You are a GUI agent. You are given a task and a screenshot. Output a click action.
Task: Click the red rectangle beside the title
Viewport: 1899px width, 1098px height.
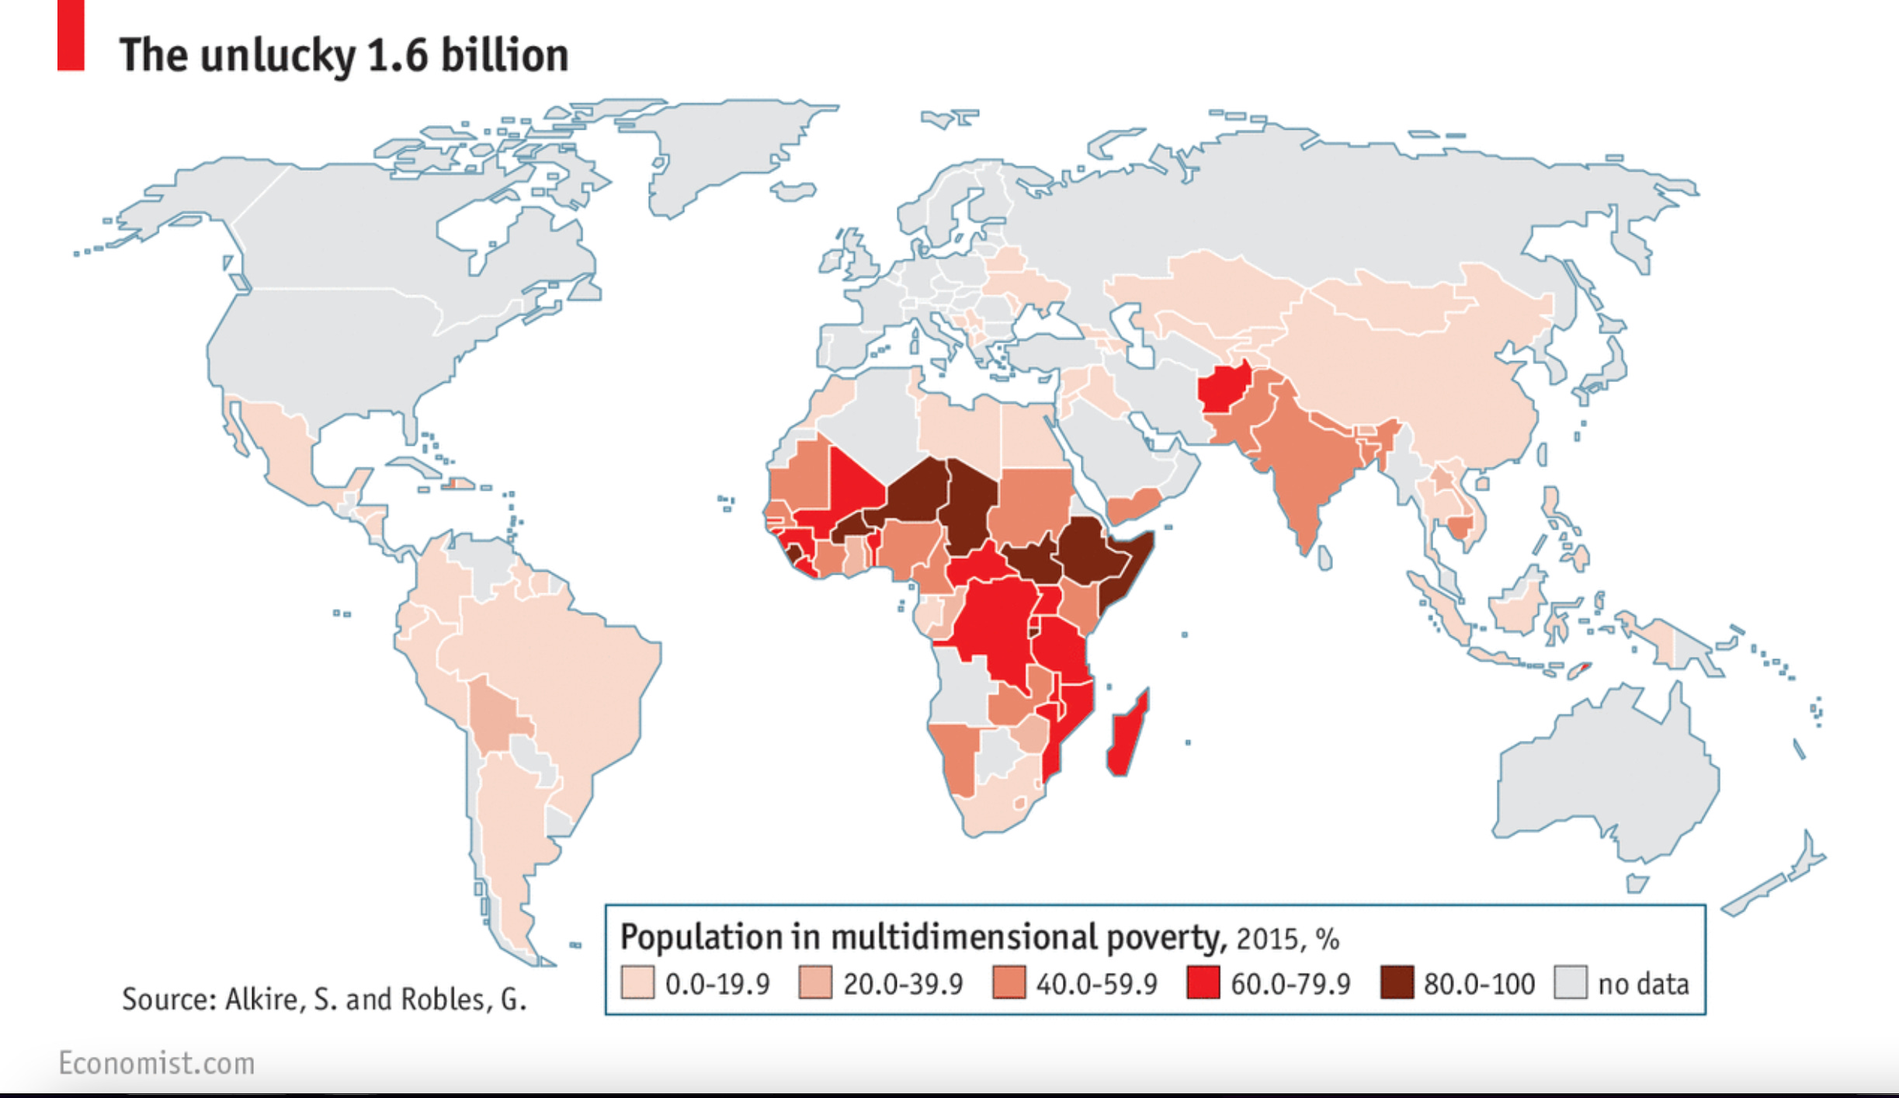click(x=71, y=35)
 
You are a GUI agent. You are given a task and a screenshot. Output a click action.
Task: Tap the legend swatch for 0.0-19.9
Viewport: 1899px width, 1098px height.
click(x=637, y=982)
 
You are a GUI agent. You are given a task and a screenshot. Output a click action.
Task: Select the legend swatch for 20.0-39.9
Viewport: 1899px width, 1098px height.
click(x=815, y=982)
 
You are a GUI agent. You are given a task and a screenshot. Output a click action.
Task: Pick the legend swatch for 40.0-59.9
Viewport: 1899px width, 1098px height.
click(x=1009, y=982)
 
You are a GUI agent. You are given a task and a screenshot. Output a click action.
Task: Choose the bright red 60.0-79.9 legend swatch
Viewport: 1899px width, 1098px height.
click(x=1203, y=982)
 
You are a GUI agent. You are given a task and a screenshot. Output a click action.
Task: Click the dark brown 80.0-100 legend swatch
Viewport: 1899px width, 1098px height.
click(x=1396, y=982)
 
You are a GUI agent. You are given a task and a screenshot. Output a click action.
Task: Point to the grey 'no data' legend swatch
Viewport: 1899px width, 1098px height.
click(x=1570, y=982)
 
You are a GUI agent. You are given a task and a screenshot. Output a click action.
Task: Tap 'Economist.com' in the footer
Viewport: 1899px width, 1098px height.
click(x=157, y=1063)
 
